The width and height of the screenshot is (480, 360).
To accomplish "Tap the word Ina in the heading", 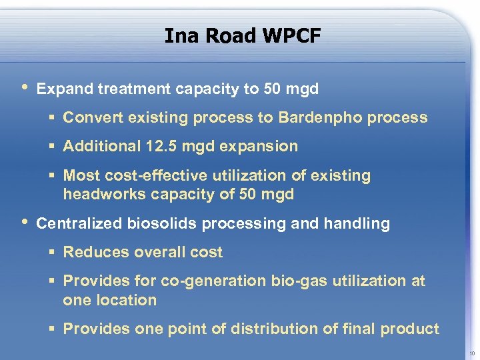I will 181,35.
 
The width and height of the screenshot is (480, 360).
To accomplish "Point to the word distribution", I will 281,329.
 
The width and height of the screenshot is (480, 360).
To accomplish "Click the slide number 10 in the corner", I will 472,353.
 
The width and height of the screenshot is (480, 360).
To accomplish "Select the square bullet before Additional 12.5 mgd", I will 52,147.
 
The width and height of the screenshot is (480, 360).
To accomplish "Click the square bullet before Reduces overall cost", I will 52,253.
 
